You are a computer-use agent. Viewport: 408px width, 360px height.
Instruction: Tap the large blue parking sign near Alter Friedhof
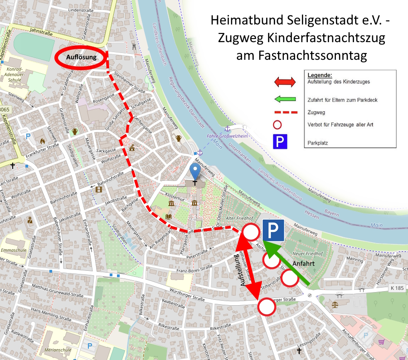click(273, 230)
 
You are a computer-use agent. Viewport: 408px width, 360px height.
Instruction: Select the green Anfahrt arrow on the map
click(287, 265)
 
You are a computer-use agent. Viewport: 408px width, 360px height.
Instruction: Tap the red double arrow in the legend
click(284, 82)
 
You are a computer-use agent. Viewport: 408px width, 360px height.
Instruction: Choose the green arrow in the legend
click(284, 100)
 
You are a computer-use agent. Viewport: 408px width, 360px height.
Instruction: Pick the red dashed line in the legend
click(284, 112)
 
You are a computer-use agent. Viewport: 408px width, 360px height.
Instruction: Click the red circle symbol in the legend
click(278, 125)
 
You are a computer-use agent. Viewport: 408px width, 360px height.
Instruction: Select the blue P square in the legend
click(280, 142)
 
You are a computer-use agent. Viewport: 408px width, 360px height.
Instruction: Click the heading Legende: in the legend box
click(320, 75)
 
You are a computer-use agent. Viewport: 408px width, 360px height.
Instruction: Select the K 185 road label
click(396, 288)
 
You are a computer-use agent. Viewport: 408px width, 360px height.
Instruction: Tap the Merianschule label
click(57, 349)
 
